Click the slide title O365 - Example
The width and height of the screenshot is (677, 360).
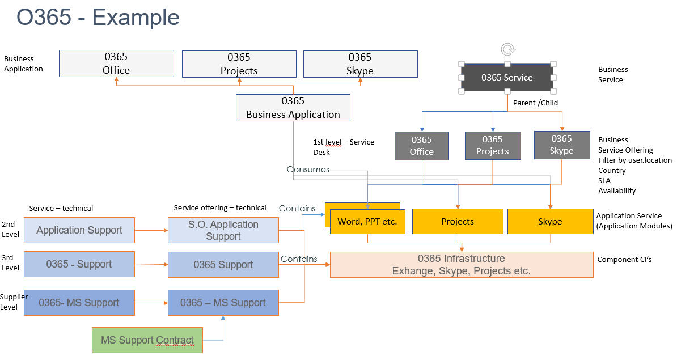[x=98, y=18]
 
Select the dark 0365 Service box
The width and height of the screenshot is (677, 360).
[x=507, y=78]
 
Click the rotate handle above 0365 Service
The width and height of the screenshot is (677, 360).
[x=507, y=49]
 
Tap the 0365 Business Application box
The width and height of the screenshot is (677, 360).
[x=293, y=108]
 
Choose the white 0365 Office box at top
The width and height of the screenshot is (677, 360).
[x=116, y=63]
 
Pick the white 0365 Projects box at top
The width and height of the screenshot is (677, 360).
[x=239, y=63]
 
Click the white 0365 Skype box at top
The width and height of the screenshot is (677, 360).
[x=360, y=63]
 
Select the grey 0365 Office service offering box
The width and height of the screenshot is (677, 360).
[x=421, y=146]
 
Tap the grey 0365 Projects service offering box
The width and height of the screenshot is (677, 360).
[x=492, y=145]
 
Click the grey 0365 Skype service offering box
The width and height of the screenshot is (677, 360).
[x=561, y=145]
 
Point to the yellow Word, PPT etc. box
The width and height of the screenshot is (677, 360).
[x=367, y=221]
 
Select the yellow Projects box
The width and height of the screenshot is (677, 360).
[x=457, y=221]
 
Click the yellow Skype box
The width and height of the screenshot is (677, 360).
[x=549, y=221]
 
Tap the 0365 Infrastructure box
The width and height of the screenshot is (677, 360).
[x=461, y=265]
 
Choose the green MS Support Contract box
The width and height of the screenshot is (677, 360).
[x=147, y=340]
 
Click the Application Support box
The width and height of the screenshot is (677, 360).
[x=79, y=230]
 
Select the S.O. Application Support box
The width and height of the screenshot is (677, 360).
[x=223, y=230]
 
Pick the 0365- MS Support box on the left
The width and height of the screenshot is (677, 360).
[x=79, y=303]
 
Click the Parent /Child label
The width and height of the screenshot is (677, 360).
[x=535, y=103]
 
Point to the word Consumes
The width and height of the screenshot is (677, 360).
[x=307, y=170]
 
